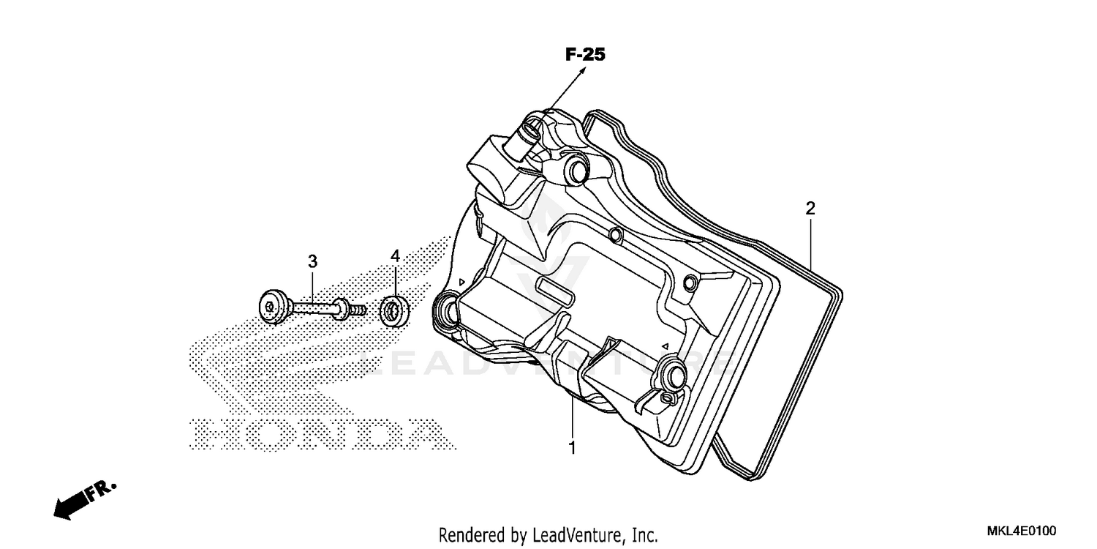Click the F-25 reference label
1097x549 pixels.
(x=585, y=54)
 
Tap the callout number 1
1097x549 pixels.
(x=573, y=447)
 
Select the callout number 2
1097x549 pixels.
(x=810, y=209)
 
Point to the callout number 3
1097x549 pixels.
(x=312, y=261)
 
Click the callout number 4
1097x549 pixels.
(x=395, y=255)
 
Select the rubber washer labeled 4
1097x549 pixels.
(x=395, y=311)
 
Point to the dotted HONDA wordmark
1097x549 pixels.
(x=318, y=433)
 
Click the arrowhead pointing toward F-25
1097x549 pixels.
(x=583, y=70)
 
